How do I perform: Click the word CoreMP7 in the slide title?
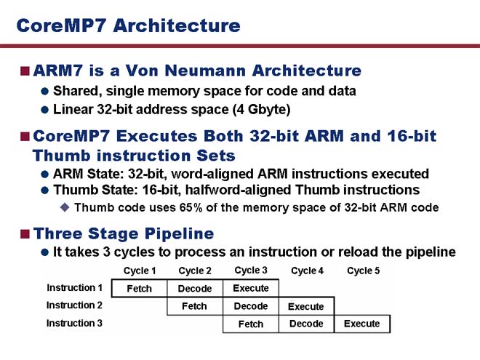61,25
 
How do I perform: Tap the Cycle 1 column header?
140,271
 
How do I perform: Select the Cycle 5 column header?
363,271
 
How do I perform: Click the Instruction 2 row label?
74,305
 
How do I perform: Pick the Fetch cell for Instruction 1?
140,289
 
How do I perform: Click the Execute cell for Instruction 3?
362,324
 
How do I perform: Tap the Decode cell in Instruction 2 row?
251,306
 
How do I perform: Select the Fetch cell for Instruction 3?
251,324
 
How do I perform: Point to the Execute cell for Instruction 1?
251,289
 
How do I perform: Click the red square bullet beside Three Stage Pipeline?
25,234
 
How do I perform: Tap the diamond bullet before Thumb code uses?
65,207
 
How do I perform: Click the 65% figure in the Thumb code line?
191,207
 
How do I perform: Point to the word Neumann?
205,71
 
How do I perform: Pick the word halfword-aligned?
238,190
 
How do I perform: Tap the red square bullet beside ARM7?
25,71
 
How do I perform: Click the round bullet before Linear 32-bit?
44,110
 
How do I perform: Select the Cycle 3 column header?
251,271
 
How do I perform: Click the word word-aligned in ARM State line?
212,174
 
